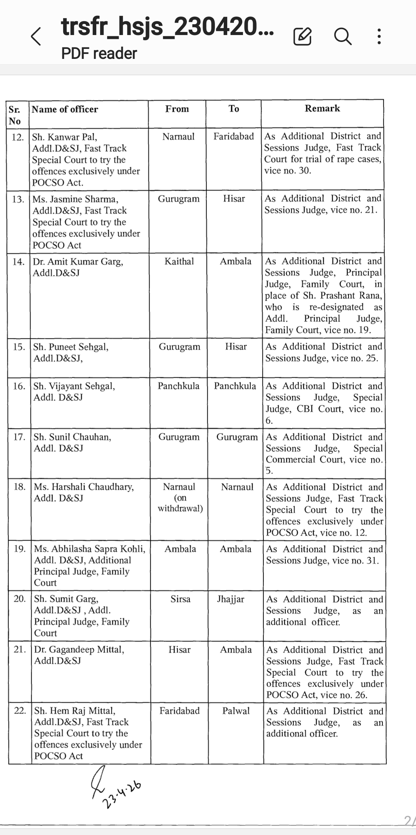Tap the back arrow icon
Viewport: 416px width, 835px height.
[x=36, y=37]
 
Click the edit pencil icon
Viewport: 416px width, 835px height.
[x=302, y=37]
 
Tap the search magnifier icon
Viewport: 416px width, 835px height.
[x=342, y=37]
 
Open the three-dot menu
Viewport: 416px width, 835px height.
[x=379, y=37]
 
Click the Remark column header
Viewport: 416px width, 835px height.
[x=322, y=109]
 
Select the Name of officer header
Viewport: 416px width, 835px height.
[x=65, y=109]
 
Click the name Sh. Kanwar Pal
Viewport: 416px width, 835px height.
[x=65, y=137]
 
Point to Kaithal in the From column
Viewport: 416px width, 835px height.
[x=179, y=261]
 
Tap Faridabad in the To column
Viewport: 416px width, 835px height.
[x=234, y=137]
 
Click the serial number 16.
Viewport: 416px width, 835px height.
[x=19, y=386]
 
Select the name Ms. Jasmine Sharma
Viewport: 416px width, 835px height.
[x=75, y=199]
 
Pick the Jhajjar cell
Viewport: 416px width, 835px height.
[x=230, y=599]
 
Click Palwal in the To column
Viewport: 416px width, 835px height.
[x=236, y=711]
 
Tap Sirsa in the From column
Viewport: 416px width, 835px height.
[x=180, y=599]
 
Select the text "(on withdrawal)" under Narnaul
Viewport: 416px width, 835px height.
[x=180, y=503]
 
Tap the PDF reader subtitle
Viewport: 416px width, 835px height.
[x=99, y=54]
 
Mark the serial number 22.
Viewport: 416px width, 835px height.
[x=20, y=711]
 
